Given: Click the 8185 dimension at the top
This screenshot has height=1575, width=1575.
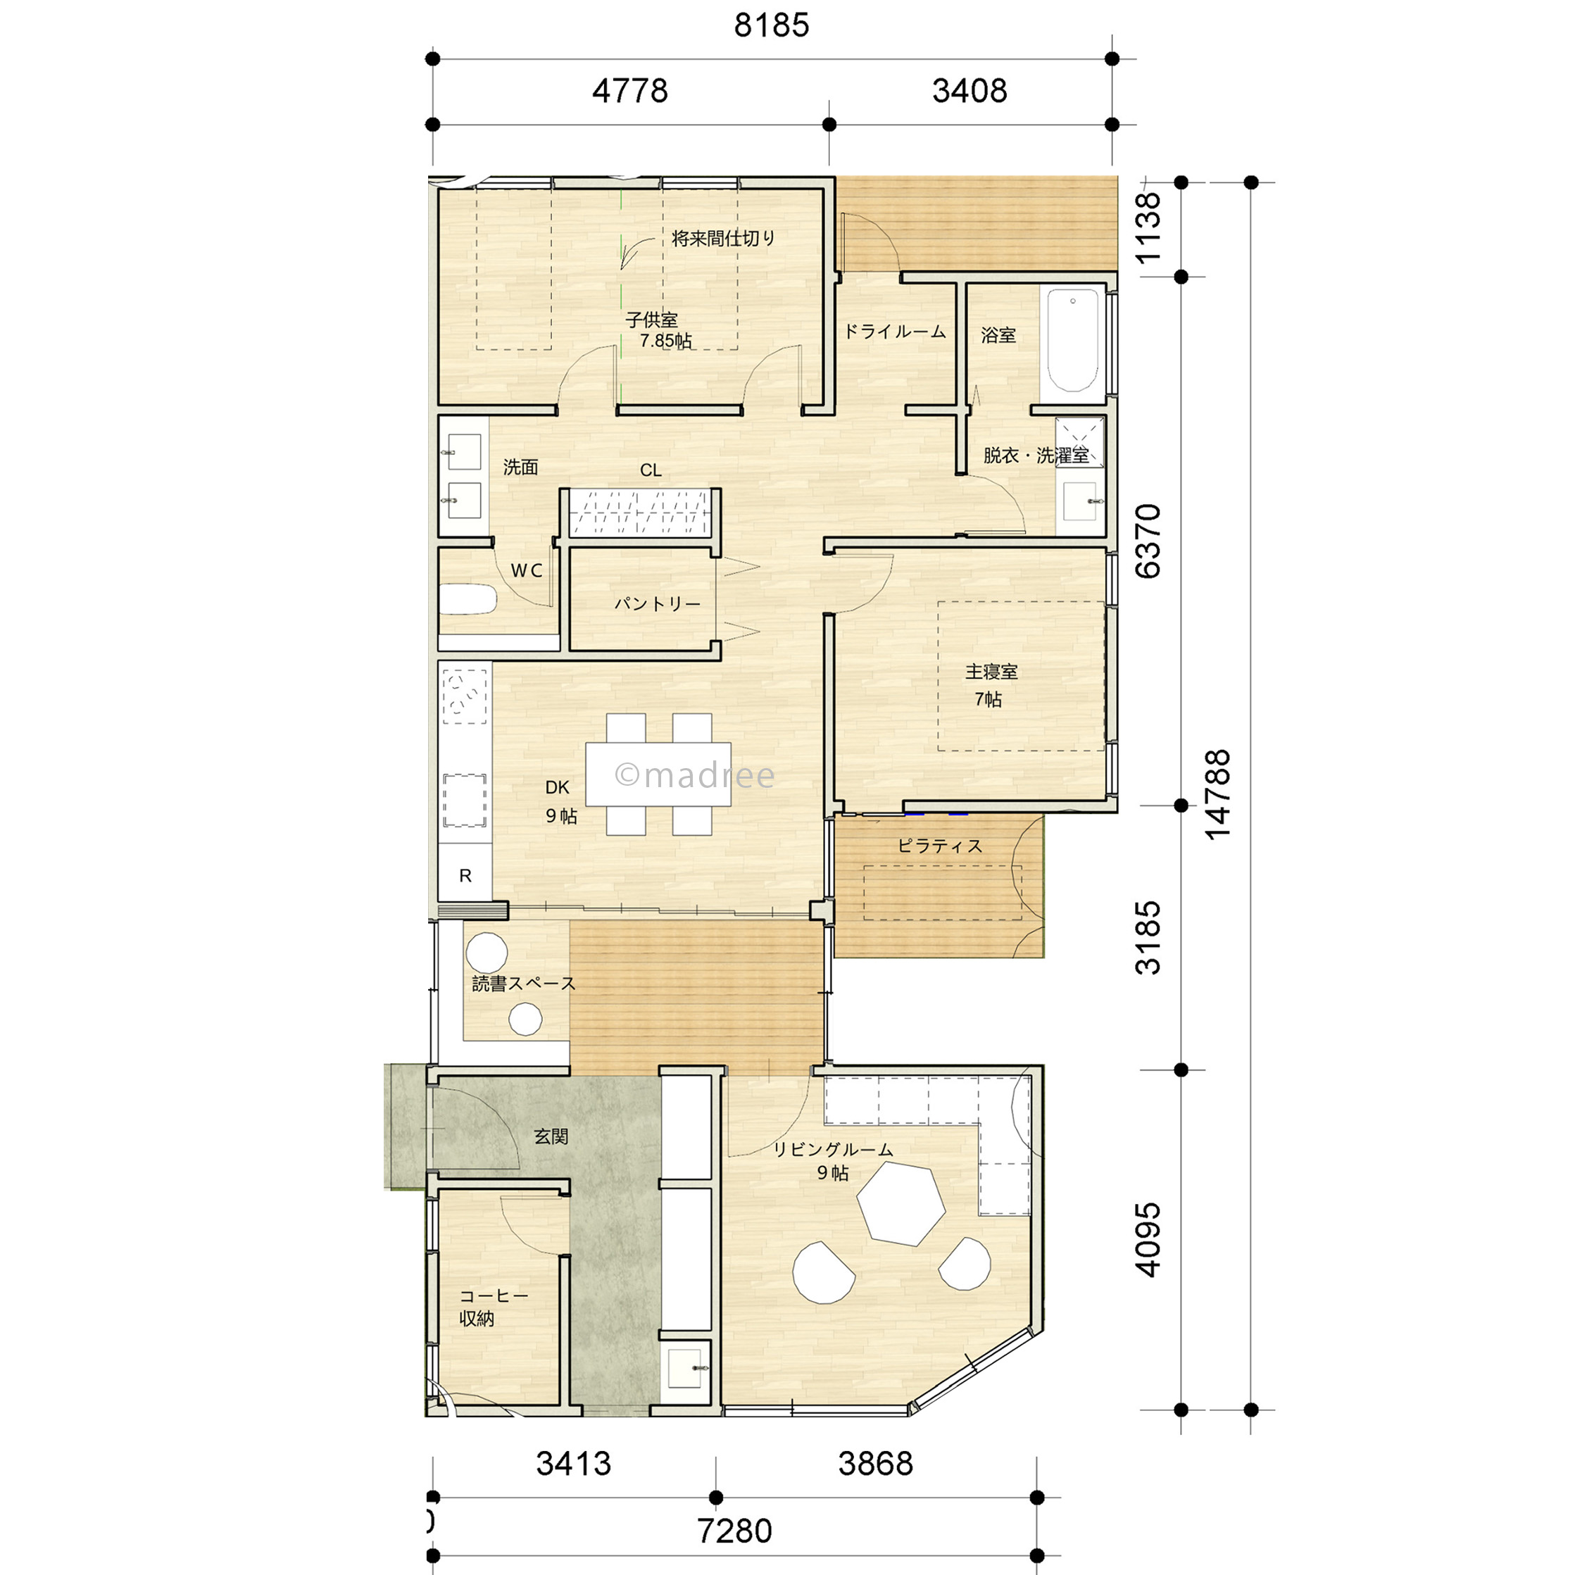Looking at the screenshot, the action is coord(771,25).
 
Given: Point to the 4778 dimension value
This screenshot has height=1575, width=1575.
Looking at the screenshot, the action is coord(629,91).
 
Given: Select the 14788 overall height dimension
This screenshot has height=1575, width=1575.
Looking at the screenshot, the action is coord(1217,795).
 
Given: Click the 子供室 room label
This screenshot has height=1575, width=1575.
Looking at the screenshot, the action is coord(651,320).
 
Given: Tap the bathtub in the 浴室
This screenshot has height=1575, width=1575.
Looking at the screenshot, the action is coord(1072,340).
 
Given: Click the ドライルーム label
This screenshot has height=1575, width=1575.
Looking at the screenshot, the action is coord(894,332).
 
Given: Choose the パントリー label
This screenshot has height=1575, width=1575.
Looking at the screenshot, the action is coord(657,604).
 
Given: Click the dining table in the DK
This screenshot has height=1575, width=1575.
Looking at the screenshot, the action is coord(658,774).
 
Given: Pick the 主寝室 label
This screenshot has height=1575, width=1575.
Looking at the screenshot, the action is coord(991,672).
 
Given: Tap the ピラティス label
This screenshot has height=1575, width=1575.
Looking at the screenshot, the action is coord(940,846).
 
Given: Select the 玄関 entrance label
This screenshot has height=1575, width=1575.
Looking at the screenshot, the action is coord(551,1136).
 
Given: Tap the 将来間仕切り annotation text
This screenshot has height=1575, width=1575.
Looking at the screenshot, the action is coord(723,238).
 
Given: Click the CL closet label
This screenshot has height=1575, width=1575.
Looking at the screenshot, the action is coord(651,470).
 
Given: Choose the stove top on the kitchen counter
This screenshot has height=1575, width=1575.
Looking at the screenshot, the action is coord(465,697).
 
